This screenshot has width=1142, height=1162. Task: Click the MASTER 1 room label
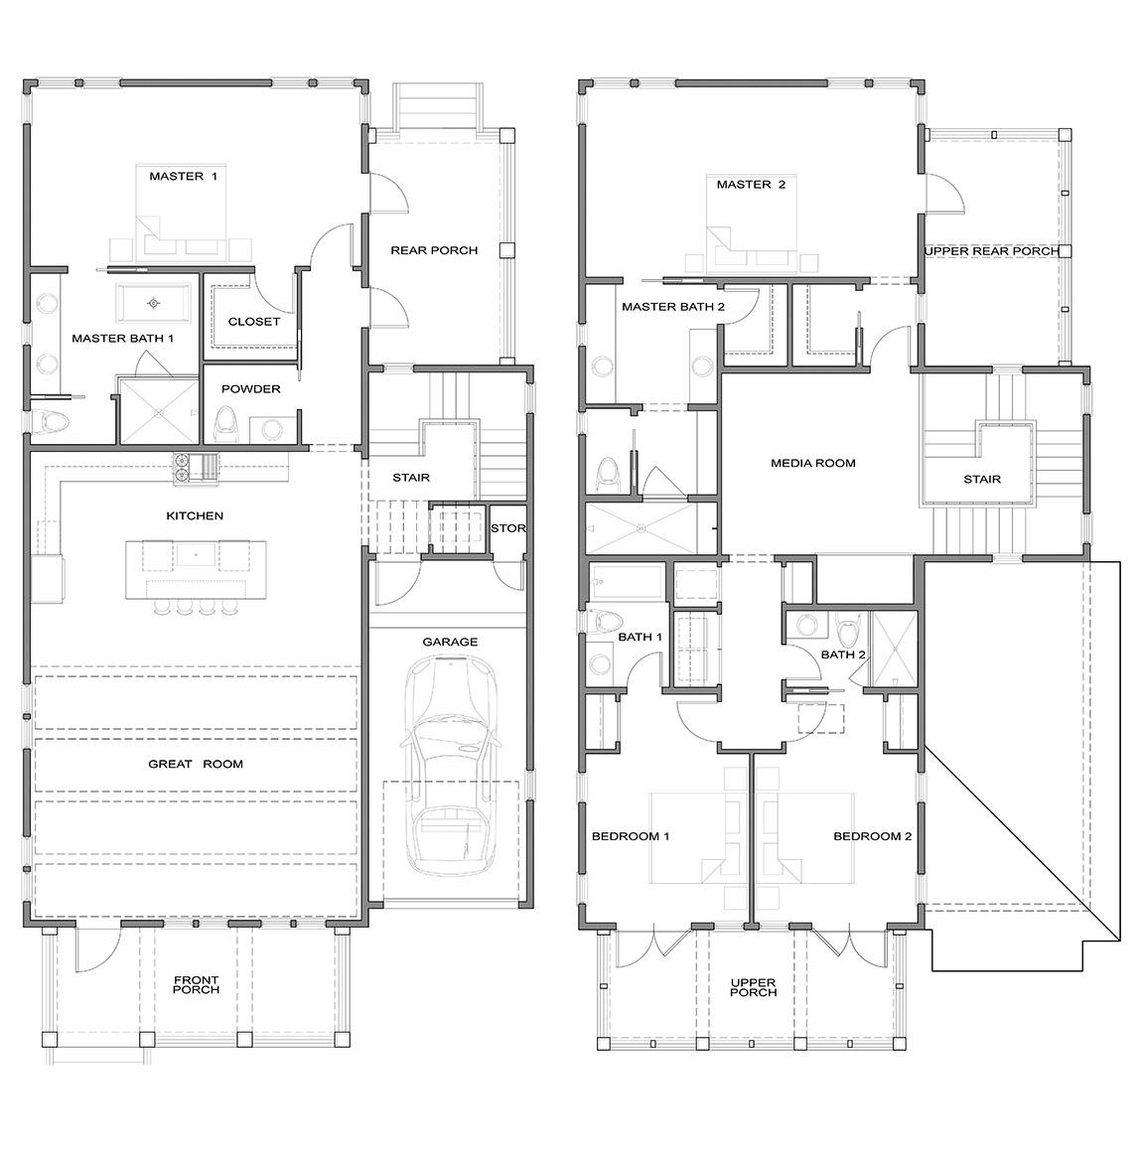[183, 177]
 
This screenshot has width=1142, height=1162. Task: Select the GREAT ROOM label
[196, 764]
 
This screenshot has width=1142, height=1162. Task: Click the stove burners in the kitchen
[184, 469]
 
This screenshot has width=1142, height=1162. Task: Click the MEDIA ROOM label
[812, 463]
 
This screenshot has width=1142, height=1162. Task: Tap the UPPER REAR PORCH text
[991, 251]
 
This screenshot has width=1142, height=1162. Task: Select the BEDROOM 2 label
[872, 836]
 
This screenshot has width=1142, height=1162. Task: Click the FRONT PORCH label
[196, 985]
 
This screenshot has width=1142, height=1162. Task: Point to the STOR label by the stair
[507, 528]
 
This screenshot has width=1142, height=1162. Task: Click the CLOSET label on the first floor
[254, 322]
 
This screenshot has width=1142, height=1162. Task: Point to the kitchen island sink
[196, 554]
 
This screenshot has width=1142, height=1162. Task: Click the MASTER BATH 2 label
[673, 307]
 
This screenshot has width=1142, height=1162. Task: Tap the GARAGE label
[450, 642]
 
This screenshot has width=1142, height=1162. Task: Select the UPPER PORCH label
[753, 987]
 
